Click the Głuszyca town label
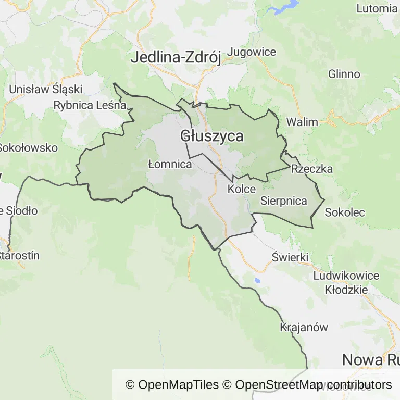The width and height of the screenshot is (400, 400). pyautogui.click(x=212, y=136)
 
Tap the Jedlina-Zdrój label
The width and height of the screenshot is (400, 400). pyautogui.click(x=176, y=57)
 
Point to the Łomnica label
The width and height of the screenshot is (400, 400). pyautogui.click(x=170, y=164)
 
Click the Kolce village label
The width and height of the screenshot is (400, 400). pyautogui.click(x=242, y=189)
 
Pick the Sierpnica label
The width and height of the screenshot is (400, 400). pyautogui.click(x=284, y=201)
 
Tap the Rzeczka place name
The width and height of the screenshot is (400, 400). pyautogui.click(x=312, y=169)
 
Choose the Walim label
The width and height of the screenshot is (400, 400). pyautogui.click(x=302, y=122)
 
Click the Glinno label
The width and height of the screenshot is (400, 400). pyautogui.click(x=344, y=74)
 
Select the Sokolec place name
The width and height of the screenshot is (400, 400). pyautogui.click(x=345, y=213)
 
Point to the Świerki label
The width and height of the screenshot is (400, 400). pyautogui.click(x=291, y=257)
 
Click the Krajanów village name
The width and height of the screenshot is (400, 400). pyautogui.click(x=304, y=328)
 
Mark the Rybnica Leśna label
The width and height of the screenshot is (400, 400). pyautogui.click(x=90, y=105)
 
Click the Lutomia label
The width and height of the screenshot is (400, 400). pyautogui.click(x=377, y=8)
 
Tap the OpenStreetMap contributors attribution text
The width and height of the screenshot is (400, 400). pyautogui.click(x=314, y=385)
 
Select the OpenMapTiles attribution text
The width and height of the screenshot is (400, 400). pyautogui.click(x=172, y=385)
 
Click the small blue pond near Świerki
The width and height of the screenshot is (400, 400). pyautogui.click(x=257, y=281)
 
